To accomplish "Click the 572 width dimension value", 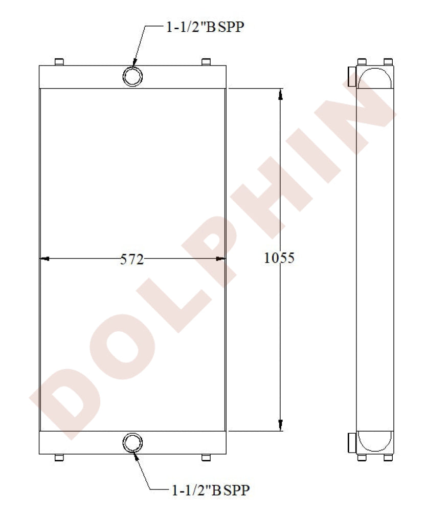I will (132, 260).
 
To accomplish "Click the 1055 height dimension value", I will (279, 258).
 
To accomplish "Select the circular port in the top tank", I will (132, 77).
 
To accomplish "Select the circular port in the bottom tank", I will (132, 442).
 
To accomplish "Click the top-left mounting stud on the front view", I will (59, 62).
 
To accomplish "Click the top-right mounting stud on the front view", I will (206, 62).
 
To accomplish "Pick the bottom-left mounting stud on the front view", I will (59, 457).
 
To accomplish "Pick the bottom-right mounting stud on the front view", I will (206, 457).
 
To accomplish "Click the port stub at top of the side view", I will (352, 76).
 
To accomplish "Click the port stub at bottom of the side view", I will (352, 443).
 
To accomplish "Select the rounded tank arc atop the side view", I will (375, 78).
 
